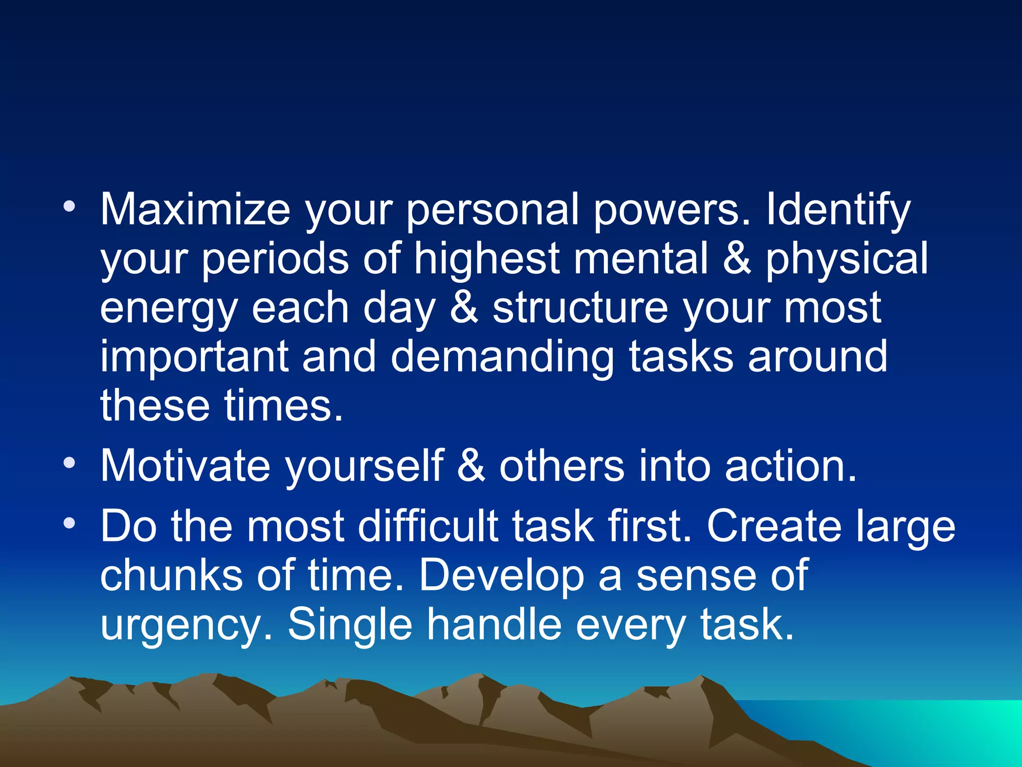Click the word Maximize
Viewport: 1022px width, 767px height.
(195, 210)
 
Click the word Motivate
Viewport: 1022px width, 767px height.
(185, 466)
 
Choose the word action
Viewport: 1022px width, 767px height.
(790, 466)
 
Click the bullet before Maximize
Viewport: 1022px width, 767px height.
(69, 206)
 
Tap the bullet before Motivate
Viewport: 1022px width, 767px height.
(69, 463)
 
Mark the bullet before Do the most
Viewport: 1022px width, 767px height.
(69, 523)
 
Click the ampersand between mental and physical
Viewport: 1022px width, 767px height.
(737, 259)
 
